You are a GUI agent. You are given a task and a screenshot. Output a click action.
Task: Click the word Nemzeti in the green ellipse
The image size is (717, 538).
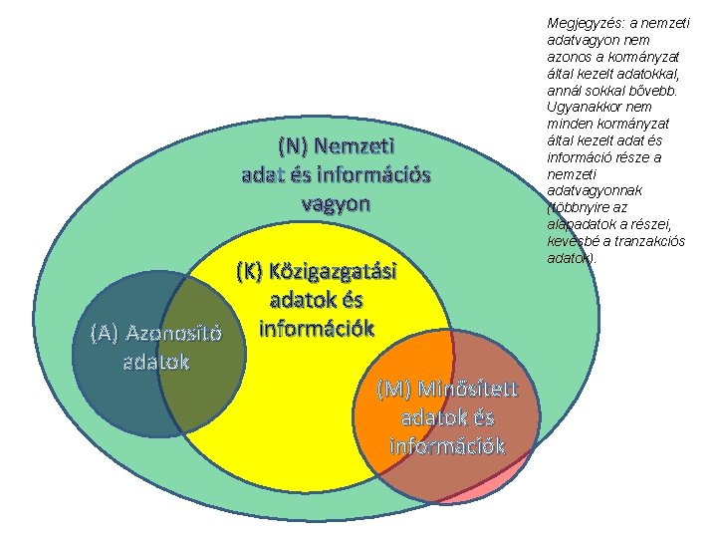pyautogui.click(x=355, y=145)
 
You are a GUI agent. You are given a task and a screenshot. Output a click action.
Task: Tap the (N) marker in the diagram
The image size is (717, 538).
pyautogui.click(x=294, y=145)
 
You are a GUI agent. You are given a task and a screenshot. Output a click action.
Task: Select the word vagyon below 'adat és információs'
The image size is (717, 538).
pyautogui.click(x=336, y=203)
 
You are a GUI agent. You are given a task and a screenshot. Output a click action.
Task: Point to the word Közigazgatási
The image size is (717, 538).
pyautogui.click(x=337, y=271)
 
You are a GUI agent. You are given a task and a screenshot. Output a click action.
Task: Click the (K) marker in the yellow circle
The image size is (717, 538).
pyautogui.click(x=251, y=271)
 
